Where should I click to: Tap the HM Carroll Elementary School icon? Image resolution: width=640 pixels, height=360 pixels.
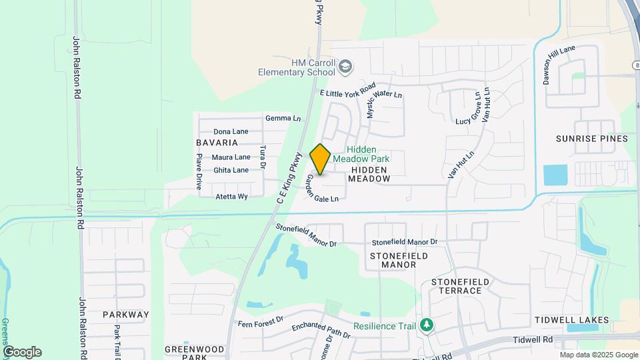[345, 66]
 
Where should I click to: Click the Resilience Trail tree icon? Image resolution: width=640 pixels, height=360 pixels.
[426, 325]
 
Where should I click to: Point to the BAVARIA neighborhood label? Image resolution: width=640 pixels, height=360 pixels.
[217, 143]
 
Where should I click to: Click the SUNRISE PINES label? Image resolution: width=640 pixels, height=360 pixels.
[592, 139]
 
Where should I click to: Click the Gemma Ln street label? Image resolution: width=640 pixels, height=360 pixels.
[283, 118]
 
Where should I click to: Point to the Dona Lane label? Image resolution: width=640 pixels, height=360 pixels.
[231, 131]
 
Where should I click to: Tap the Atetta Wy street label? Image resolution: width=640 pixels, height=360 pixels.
[231, 197]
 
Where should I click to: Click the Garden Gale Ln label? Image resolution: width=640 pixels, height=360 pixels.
[323, 189]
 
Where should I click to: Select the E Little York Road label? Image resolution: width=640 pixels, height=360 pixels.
[349, 91]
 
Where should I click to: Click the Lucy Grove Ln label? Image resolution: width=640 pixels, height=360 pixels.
[467, 109]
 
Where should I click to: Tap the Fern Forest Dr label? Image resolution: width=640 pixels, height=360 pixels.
[261, 323]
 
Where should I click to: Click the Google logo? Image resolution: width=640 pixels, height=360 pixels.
[22, 352]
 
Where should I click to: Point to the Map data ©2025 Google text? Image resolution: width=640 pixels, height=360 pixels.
[599, 355]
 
